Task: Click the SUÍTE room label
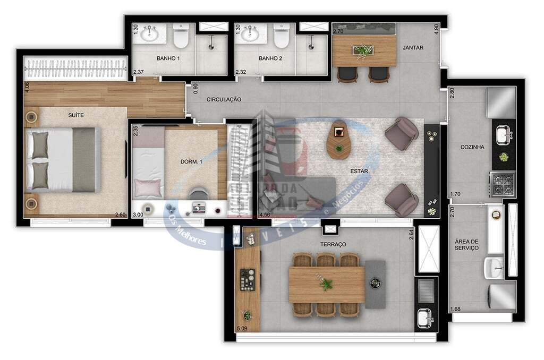click(76, 115)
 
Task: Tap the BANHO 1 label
click(167, 58)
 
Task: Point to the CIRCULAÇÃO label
click(224, 99)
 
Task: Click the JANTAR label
click(413, 47)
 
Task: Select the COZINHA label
click(472, 147)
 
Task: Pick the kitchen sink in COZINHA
click(503, 135)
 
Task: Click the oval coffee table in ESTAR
click(338, 140)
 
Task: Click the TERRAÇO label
click(334, 244)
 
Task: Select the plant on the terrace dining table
click(326, 285)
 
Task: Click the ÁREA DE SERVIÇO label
click(466, 244)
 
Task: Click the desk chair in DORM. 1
click(199, 194)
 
